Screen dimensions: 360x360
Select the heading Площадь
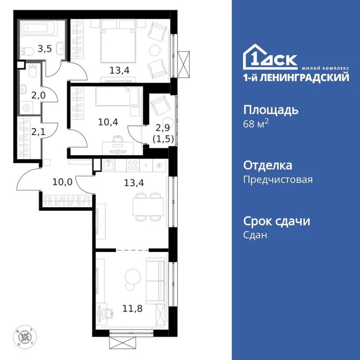pos(270,111)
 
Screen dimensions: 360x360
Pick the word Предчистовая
pos(278,179)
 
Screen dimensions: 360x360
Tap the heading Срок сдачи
pos(277,221)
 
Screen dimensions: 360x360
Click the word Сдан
pos(255,235)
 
